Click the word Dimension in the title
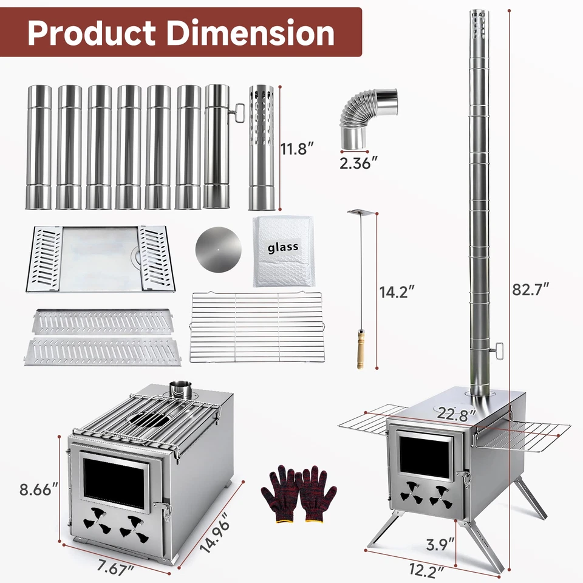click(x=256, y=33)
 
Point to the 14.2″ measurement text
click(x=397, y=291)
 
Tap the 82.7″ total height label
click(x=530, y=289)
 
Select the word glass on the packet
click(x=283, y=247)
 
